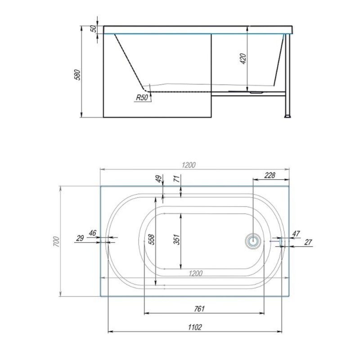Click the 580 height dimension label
(x=78, y=74)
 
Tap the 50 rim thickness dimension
(x=94, y=29)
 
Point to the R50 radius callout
(x=142, y=98)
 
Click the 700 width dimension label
(x=56, y=242)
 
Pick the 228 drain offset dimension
(x=270, y=175)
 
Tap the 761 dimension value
(x=199, y=309)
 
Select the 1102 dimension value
(x=195, y=327)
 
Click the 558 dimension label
(x=152, y=239)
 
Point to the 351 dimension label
(x=177, y=239)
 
